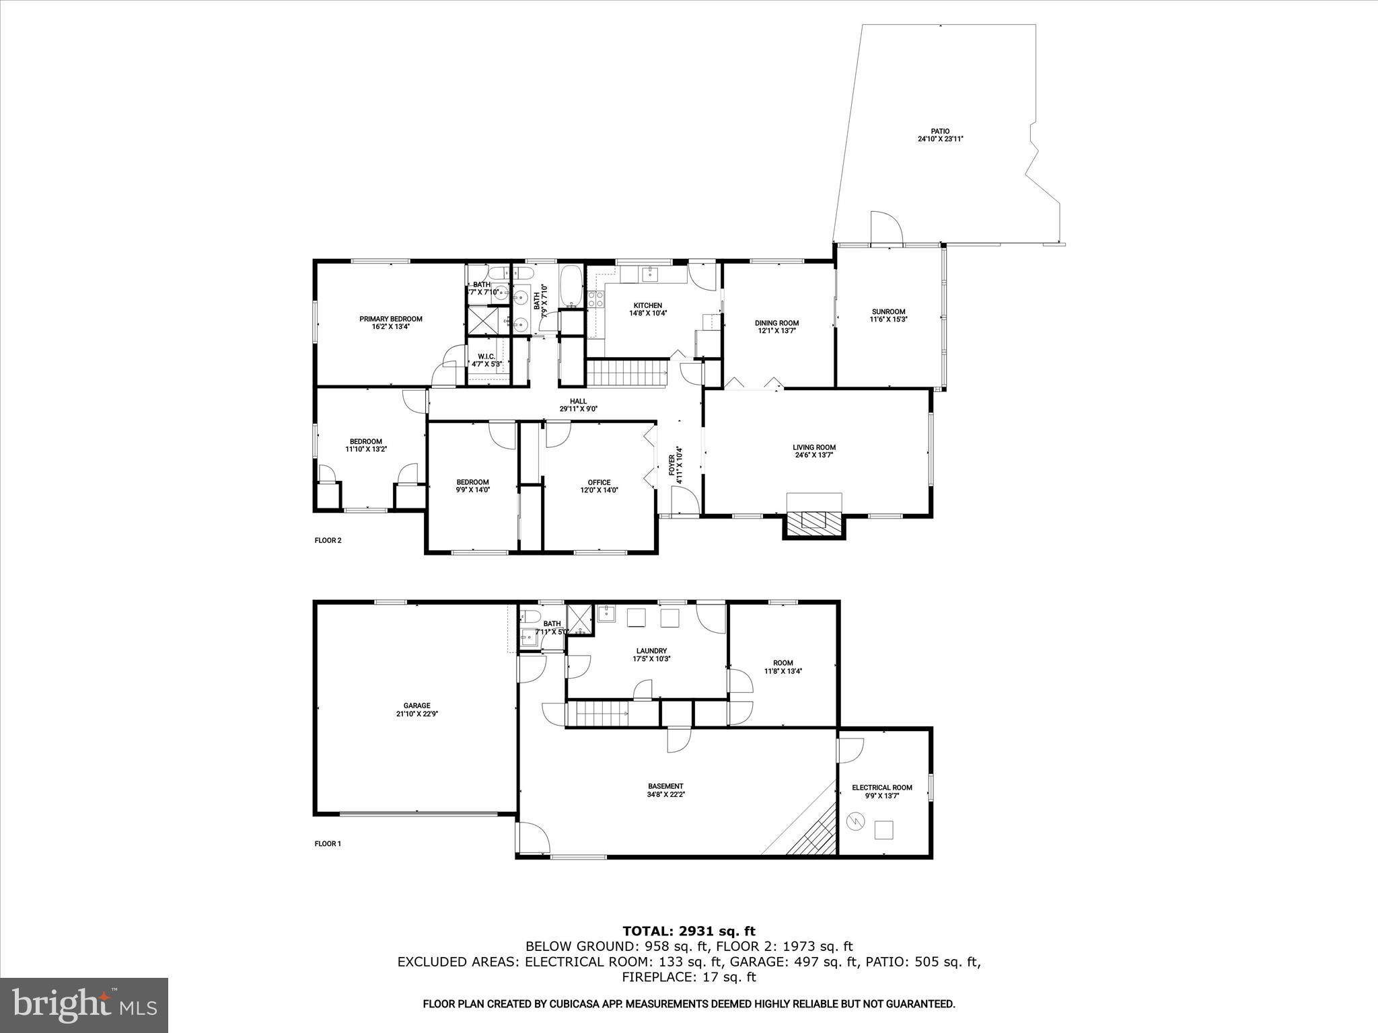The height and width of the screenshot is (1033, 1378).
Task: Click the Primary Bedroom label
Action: [390, 319]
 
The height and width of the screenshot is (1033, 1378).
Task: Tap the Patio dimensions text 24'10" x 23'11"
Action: [940, 139]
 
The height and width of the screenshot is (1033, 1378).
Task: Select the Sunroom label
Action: [888, 311]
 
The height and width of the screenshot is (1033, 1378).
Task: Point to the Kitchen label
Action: [647, 305]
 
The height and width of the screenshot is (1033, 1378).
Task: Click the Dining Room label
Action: [776, 323]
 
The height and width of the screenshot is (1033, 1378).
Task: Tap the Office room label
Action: [599, 482]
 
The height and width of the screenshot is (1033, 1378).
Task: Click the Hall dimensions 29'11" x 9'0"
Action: [579, 409]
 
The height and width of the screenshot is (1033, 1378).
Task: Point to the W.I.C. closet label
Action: [486, 356]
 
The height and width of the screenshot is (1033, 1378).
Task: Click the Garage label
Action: [417, 705]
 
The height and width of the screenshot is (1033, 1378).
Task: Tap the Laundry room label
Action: [651, 650]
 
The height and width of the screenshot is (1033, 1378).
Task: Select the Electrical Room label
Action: [881, 788]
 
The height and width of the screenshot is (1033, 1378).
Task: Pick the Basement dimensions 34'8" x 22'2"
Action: [665, 794]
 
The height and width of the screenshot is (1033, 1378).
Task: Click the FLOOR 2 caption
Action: [328, 540]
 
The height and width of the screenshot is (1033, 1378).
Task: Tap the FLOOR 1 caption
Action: [328, 843]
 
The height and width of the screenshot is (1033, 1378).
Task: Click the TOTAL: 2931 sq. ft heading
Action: [688, 931]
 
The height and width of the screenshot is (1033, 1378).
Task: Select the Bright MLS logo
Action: [84, 1004]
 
